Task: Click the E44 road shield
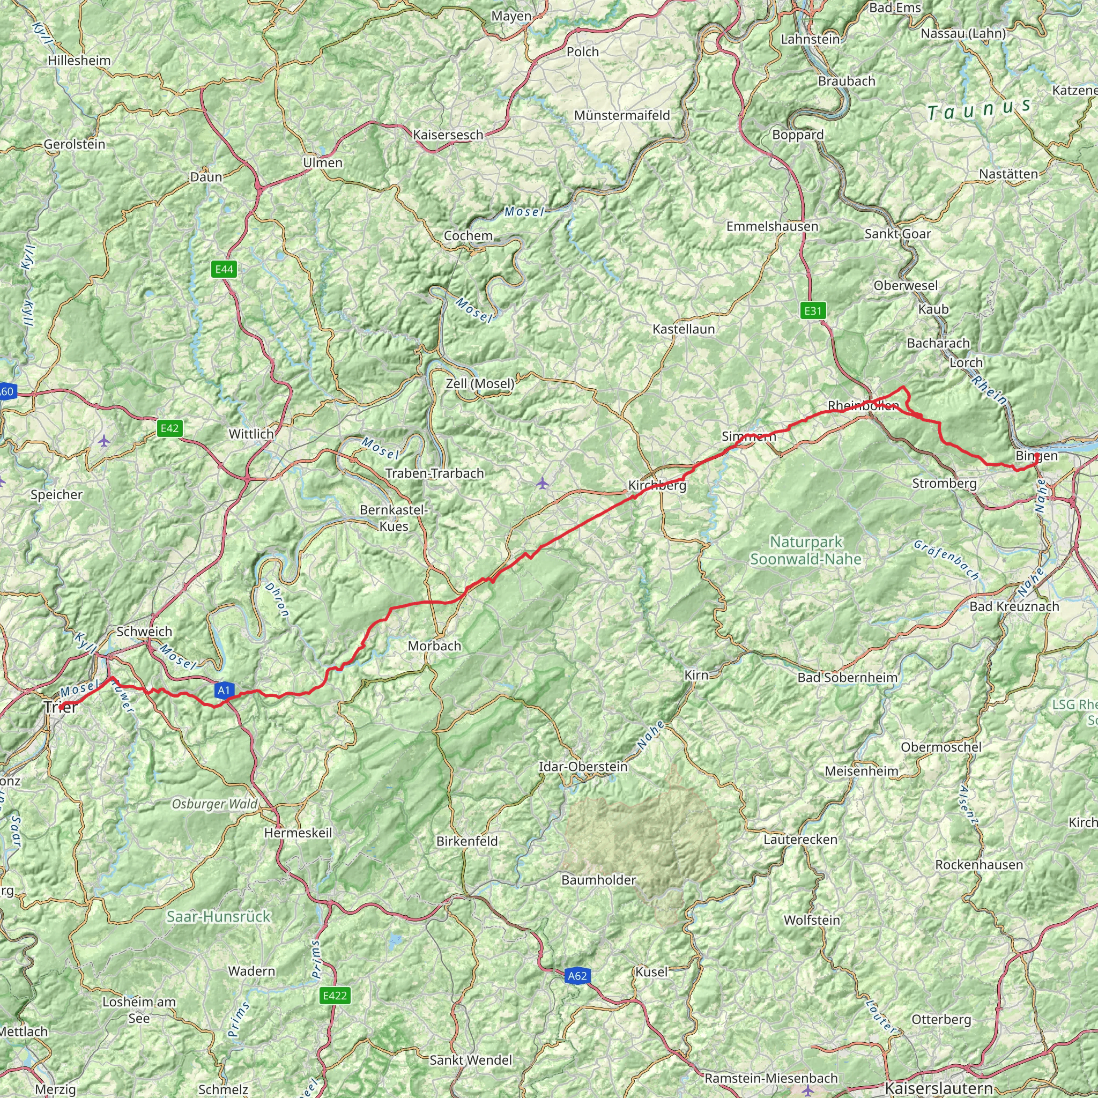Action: pos(224,269)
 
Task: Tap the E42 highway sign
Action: pos(169,428)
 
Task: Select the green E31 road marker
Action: pos(813,310)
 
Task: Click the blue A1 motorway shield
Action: pos(224,690)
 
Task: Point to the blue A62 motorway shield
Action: pos(577,976)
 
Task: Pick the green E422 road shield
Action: pos(334,995)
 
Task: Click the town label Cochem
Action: pos(468,235)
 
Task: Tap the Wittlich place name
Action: pos(251,434)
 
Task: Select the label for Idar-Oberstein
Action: pos(583,766)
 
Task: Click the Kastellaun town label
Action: pos(683,329)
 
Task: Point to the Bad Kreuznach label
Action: pos(1014,606)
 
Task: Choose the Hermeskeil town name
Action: pos(298,833)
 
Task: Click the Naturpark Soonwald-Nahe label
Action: pos(805,550)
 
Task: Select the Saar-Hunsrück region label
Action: pos(219,916)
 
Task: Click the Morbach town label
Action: pos(434,646)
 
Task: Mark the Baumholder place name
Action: pos(598,880)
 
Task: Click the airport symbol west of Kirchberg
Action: pos(543,483)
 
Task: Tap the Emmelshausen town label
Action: pos(772,226)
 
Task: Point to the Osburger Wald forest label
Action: pos(215,804)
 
